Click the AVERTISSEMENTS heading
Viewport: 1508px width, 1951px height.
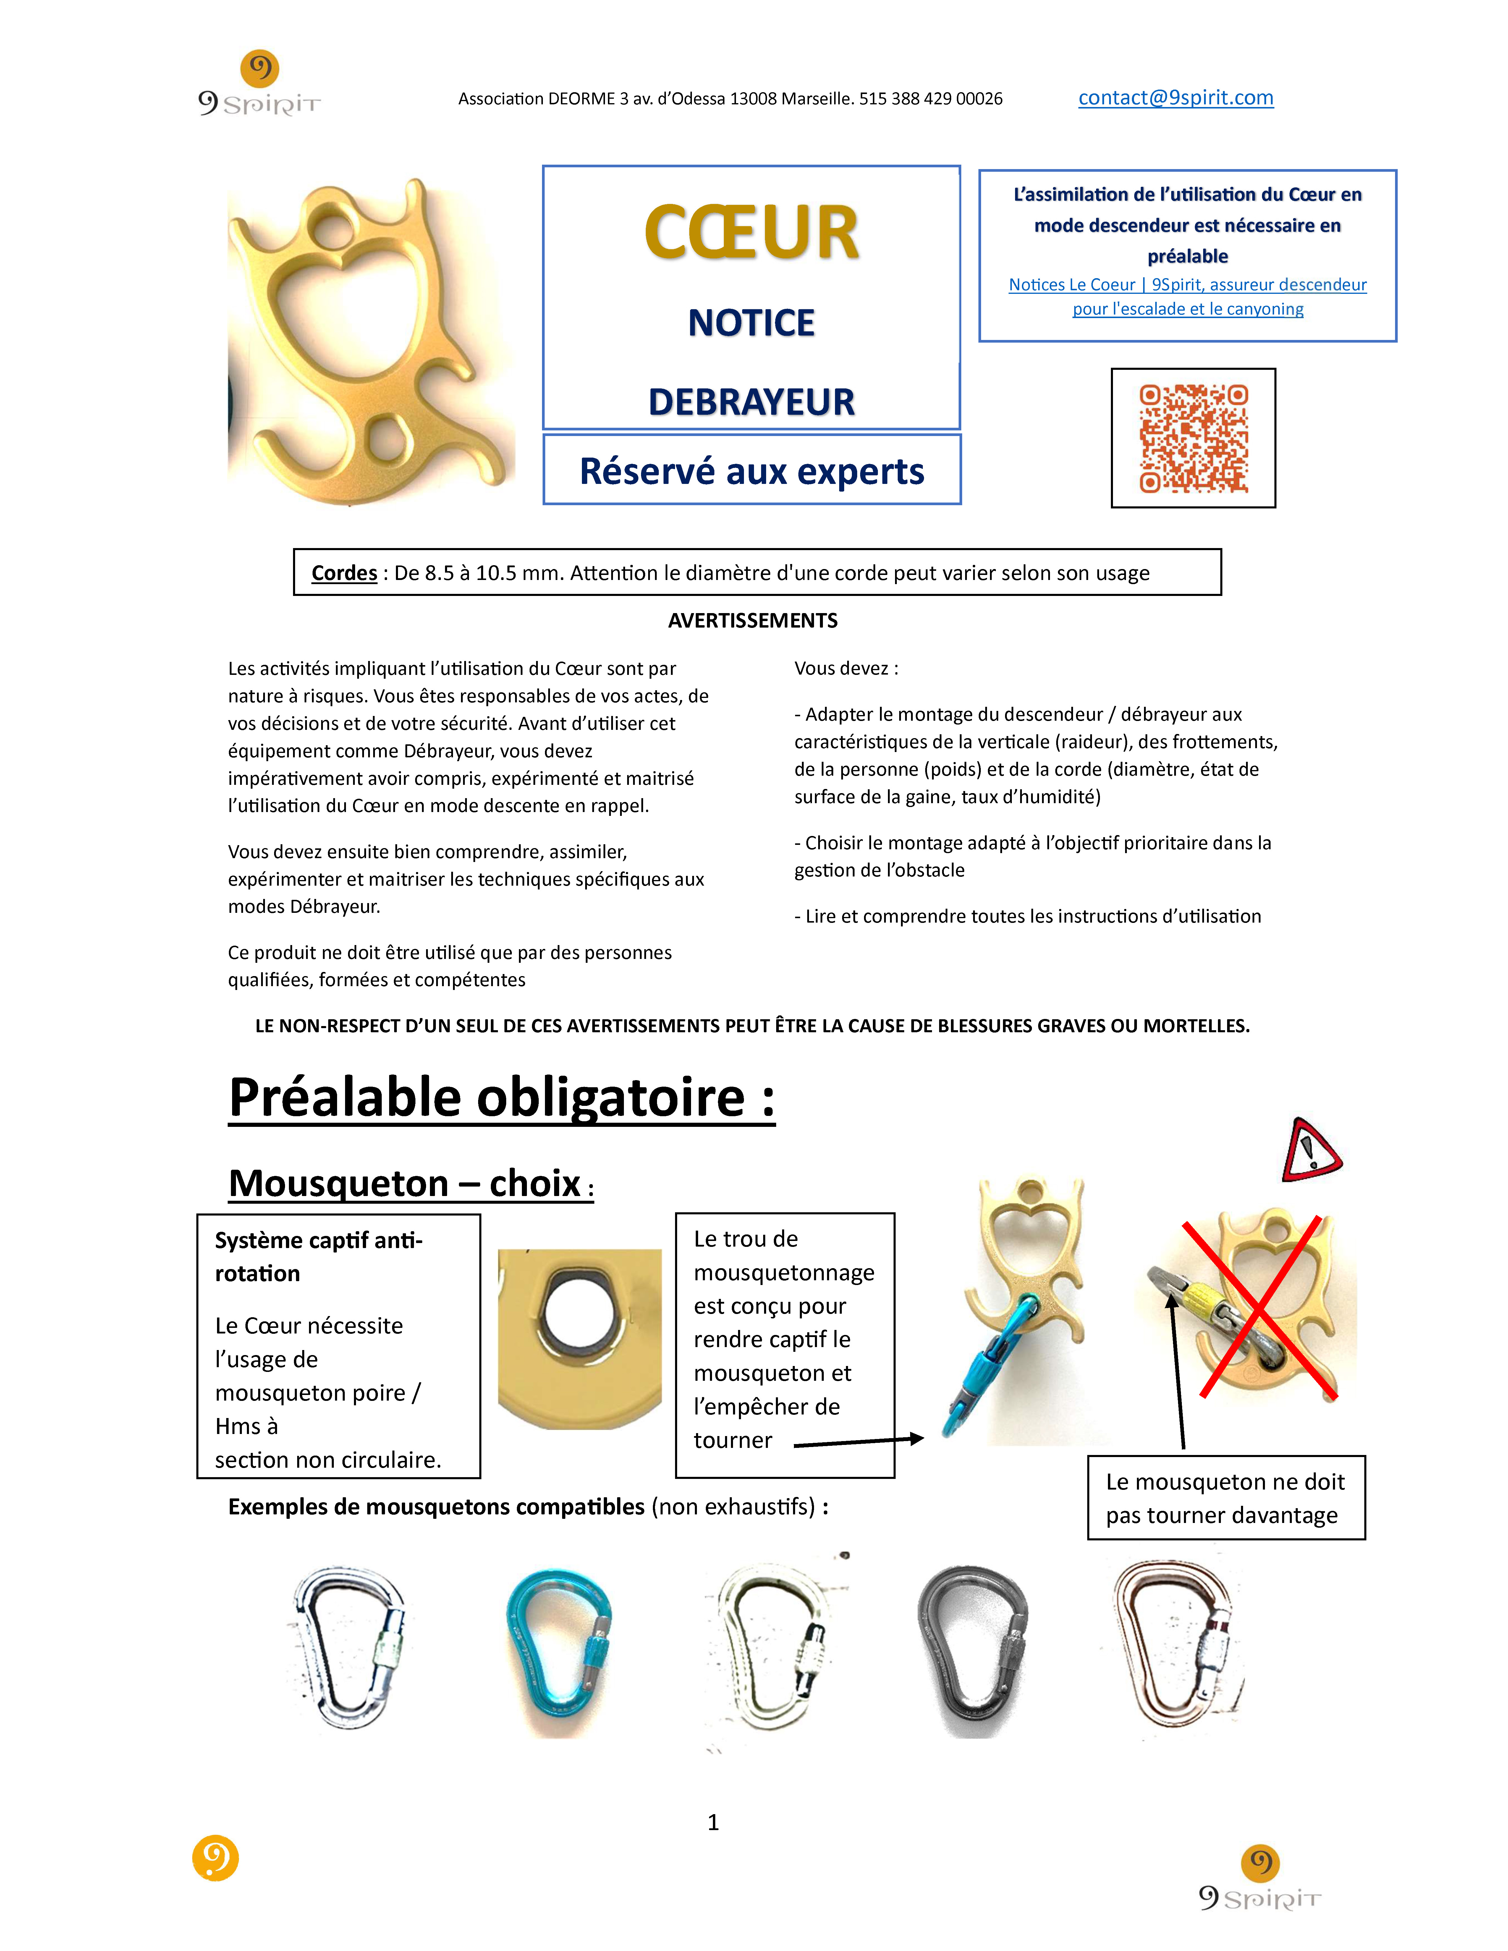coord(752,621)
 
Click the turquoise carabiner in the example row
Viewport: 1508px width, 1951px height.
coord(558,1653)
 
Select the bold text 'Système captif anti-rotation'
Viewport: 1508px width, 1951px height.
coord(318,1256)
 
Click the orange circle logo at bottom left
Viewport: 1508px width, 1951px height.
coord(215,1858)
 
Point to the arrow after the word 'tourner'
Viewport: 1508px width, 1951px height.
coord(857,1441)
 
